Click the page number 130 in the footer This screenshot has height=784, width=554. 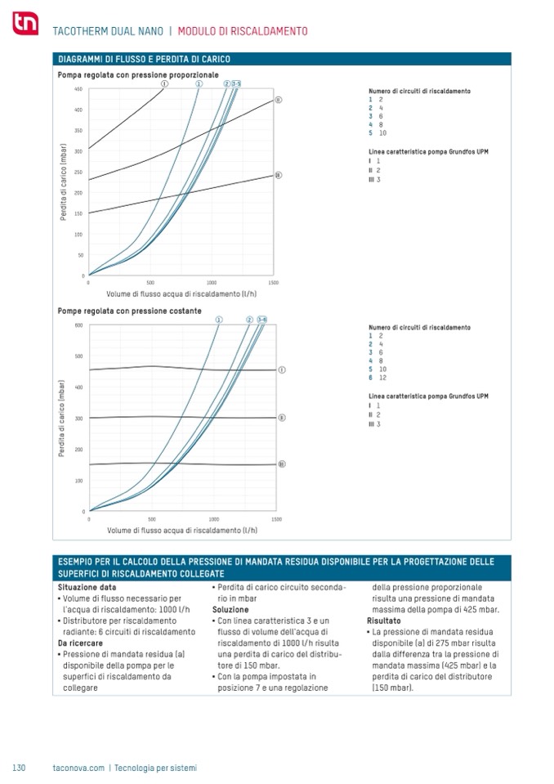[20, 768]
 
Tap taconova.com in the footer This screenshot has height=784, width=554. [78, 768]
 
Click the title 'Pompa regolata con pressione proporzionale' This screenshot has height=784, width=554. [138, 74]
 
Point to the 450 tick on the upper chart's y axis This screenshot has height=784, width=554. [78, 88]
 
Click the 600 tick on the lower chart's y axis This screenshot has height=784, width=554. [79, 325]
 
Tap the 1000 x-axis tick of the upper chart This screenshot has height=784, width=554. [212, 282]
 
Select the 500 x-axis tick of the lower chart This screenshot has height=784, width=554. [152, 519]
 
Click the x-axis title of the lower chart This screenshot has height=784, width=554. [182, 530]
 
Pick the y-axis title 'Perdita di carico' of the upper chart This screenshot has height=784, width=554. [62, 181]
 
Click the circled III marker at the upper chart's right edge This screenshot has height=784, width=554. [278, 175]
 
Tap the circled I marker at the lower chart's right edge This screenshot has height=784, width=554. [282, 370]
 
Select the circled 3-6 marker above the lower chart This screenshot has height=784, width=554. [262, 319]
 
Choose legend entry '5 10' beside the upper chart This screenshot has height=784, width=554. [378, 132]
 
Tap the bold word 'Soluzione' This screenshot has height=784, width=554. [230, 609]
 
